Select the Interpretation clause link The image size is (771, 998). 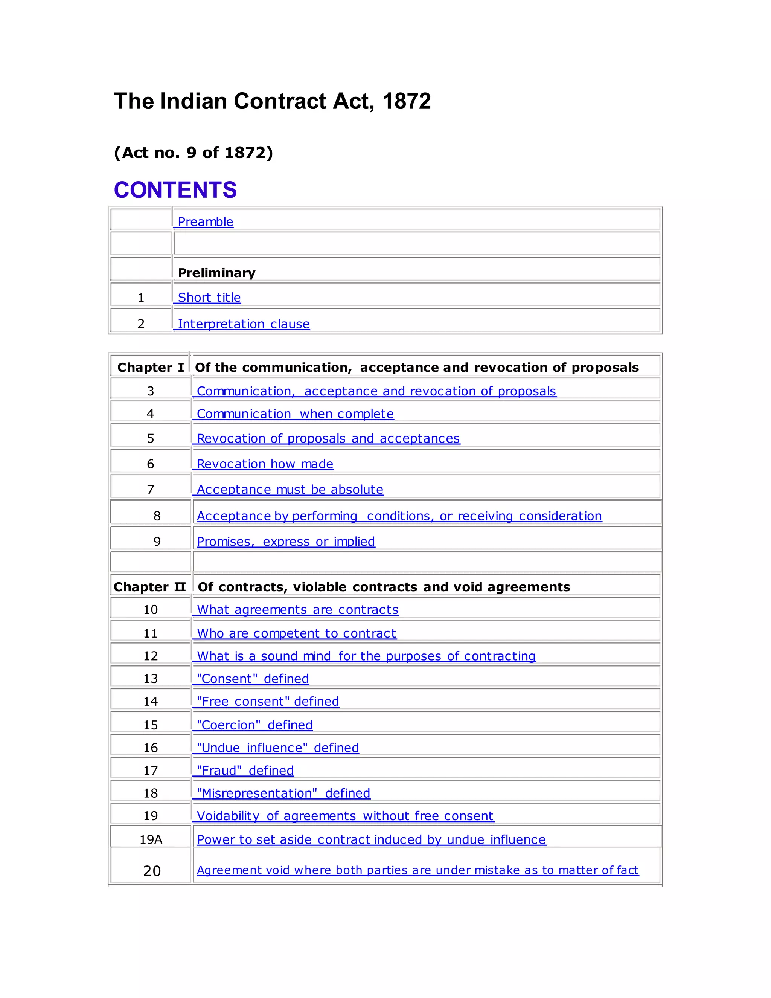click(x=244, y=324)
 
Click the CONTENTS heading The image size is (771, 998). click(x=175, y=190)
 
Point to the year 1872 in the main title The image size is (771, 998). click(x=406, y=101)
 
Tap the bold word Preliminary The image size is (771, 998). click(x=216, y=273)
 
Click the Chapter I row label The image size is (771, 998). click(x=150, y=368)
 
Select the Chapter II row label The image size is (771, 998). click(x=149, y=587)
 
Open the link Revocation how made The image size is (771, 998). click(x=265, y=464)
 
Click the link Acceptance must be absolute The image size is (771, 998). click(x=290, y=490)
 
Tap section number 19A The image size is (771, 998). click(x=151, y=839)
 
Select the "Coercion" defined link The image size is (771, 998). click(x=254, y=725)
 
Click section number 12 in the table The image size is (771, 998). click(x=150, y=656)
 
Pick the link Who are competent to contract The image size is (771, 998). click(x=296, y=633)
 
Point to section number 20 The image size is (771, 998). click(x=152, y=871)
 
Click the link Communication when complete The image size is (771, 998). click(x=295, y=414)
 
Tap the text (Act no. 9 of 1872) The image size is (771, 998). click(x=193, y=153)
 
